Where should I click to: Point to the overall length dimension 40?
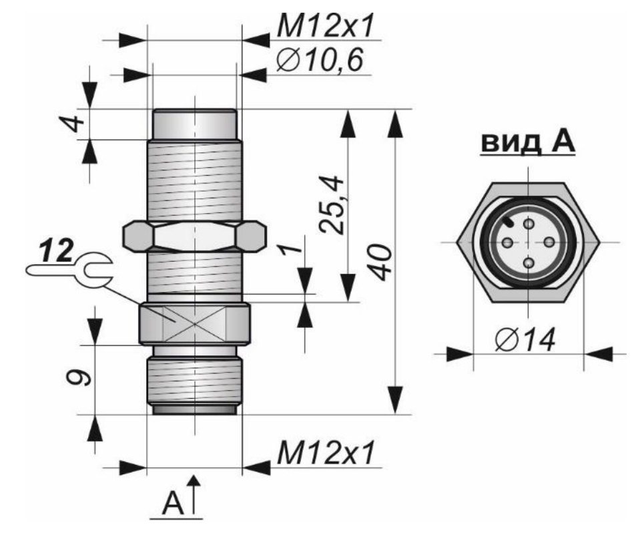pos(381,263)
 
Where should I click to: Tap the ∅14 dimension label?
pos(526,341)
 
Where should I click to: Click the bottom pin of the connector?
pos(529,264)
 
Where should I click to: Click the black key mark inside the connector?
pos(510,220)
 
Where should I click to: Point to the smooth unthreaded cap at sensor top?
pos(194,124)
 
